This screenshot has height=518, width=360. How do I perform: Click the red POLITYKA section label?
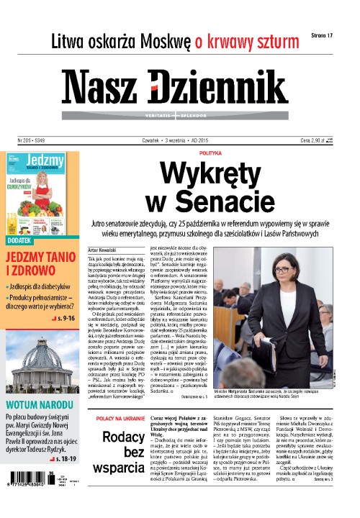pyautogui.click(x=211, y=153)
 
